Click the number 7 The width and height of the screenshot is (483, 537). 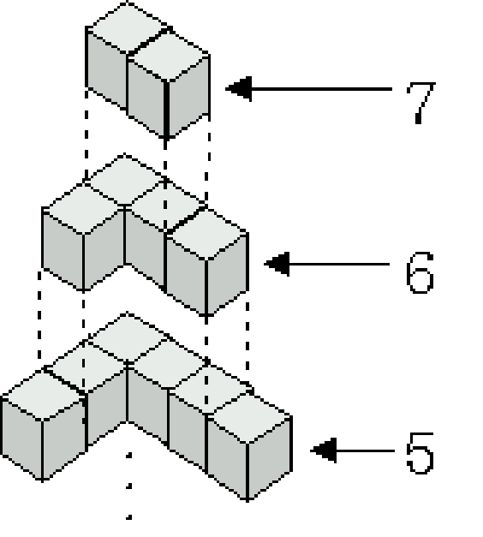(420, 103)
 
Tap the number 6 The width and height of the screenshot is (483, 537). (420, 272)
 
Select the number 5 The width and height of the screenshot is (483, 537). (420, 453)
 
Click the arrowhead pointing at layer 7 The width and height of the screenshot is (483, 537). (239, 89)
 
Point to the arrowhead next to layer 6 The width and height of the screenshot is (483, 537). (277, 264)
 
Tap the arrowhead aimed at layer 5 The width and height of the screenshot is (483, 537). (324, 450)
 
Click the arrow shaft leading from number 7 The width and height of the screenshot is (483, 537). (322, 89)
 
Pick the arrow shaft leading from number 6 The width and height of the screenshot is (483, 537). (339, 264)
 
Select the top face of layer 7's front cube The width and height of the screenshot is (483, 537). (168, 57)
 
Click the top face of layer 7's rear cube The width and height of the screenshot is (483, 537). (127, 28)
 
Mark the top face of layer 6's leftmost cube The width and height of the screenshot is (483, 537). (83, 209)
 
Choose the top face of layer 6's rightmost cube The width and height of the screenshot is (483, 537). (206, 235)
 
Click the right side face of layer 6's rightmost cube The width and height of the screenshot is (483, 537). (227, 274)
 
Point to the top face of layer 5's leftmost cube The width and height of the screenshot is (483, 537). (43, 395)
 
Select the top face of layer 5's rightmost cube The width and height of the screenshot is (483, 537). (249, 418)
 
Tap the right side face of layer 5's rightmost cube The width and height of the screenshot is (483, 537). (270, 458)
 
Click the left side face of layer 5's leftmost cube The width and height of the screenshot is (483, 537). (21, 439)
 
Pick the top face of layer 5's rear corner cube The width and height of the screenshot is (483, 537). (127, 337)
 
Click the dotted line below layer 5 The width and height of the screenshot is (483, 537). (128, 486)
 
